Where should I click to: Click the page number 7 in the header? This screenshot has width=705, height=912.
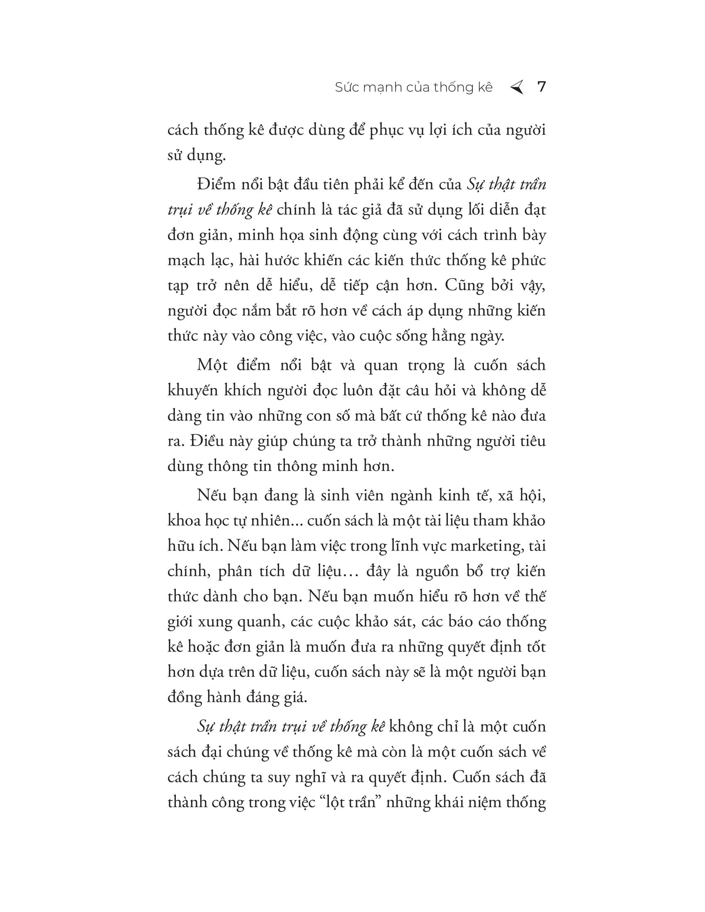tap(541, 87)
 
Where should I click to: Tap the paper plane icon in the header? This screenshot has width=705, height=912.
tap(517, 87)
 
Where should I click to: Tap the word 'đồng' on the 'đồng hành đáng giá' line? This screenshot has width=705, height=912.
tap(184, 697)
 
